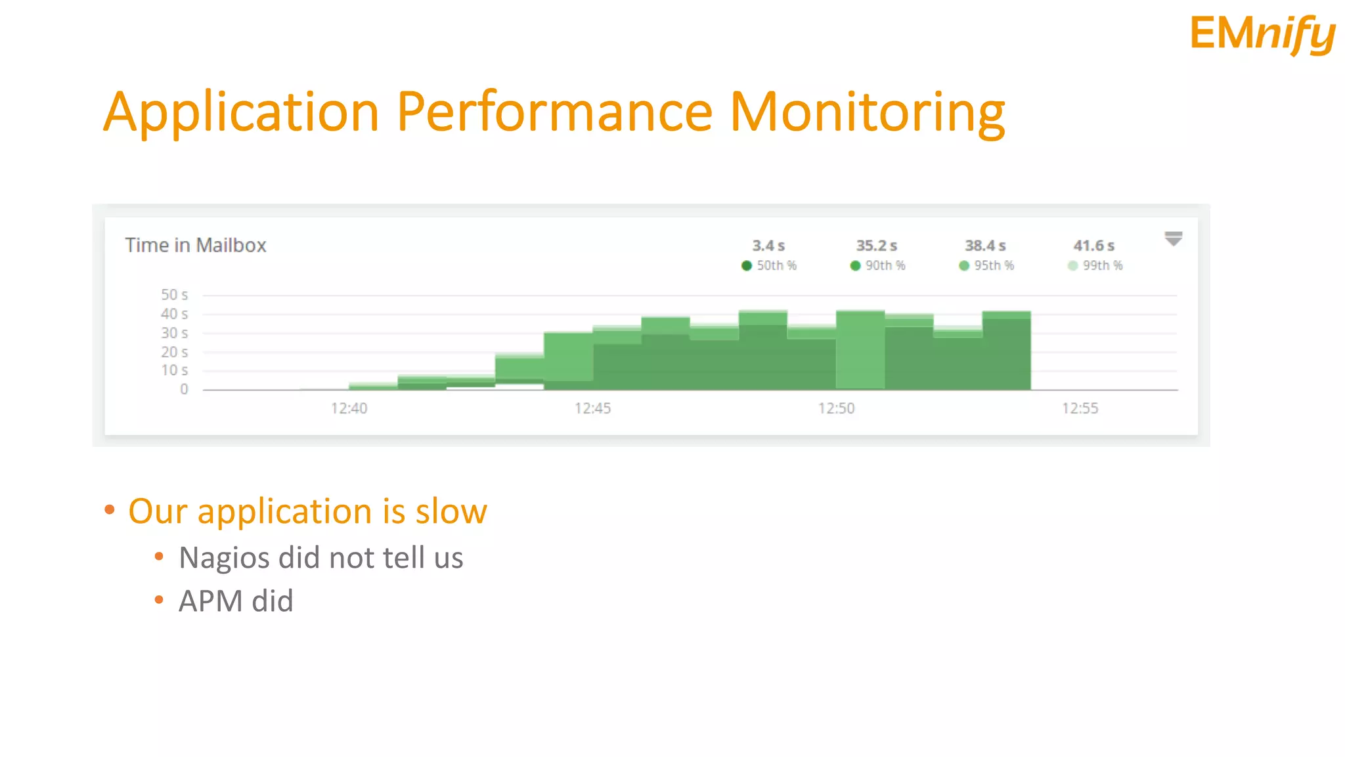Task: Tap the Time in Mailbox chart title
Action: coord(196,245)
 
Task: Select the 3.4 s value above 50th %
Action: coord(768,246)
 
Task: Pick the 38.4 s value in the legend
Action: coord(985,246)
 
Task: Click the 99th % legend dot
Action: coord(1072,265)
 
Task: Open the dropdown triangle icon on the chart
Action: coord(1173,239)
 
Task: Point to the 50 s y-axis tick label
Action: coord(175,295)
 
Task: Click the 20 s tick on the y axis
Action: coord(175,352)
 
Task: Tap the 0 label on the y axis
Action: coord(184,389)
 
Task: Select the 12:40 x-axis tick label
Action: coord(349,409)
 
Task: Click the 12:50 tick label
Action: coord(836,409)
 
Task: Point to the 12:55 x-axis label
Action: coord(1080,409)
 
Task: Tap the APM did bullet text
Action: coord(236,601)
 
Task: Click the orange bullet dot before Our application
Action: coord(110,510)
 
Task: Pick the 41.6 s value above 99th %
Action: coord(1093,246)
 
